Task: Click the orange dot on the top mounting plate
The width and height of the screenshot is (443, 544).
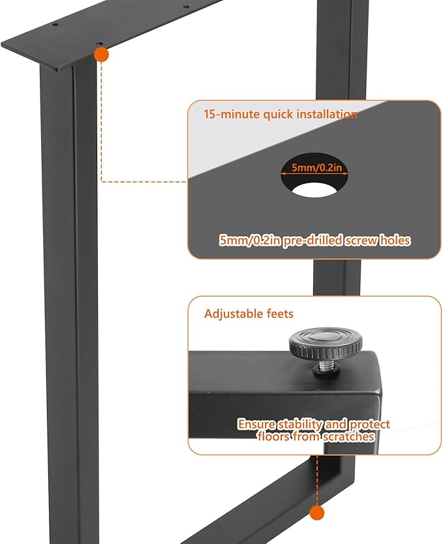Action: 101,55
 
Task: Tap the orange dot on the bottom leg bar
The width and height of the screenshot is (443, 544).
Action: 318,512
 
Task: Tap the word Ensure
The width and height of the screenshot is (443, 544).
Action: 256,424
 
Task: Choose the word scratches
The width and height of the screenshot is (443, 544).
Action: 348,436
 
